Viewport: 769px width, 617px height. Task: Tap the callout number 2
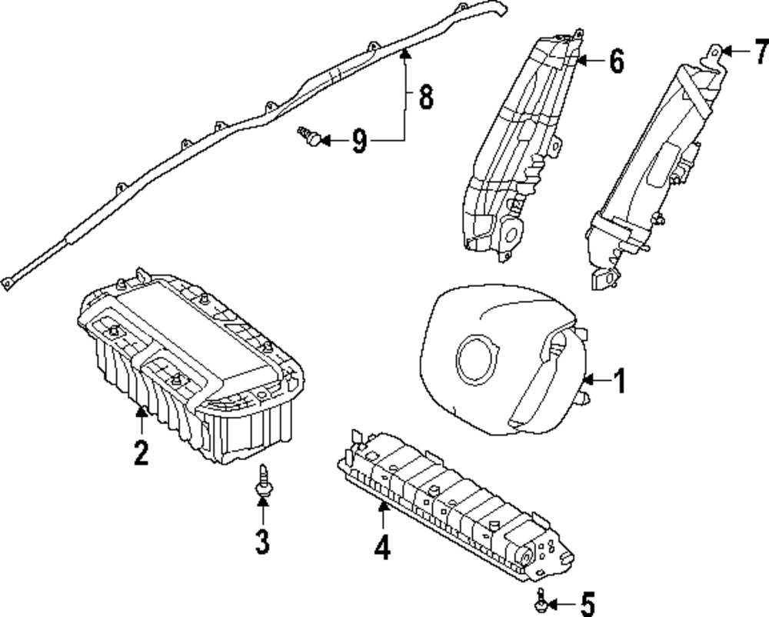pos(140,452)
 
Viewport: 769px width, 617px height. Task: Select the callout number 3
pos(262,542)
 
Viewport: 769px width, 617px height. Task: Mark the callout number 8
pos(425,98)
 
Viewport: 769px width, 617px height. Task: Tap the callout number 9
pos(359,141)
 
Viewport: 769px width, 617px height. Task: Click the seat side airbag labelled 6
pos(523,146)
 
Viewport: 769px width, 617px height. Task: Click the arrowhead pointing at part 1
pos(588,379)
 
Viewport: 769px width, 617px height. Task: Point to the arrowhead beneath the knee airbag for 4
pos(382,505)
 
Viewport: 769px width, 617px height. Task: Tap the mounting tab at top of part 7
pos(715,52)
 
